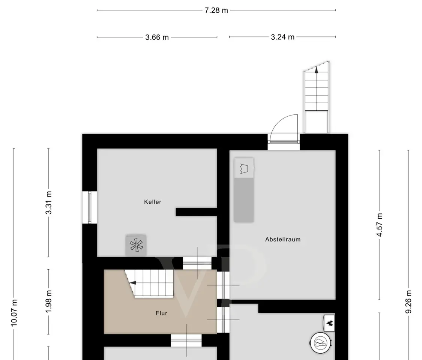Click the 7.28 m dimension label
[216, 10]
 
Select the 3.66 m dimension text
[157, 37]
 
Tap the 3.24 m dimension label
[282, 37]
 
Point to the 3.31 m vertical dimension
[48, 202]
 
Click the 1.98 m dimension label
[48, 301]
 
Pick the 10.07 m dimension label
[14, 313]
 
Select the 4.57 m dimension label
[379, 225]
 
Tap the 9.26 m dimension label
[408, 301]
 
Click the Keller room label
[153, 202]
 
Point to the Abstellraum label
[283, 239]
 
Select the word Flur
[161, 313]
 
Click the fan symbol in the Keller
[136, 245]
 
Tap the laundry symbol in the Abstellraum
[244, 168]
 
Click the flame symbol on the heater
[330, 322]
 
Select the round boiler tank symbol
[321, 343]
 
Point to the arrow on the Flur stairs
[133, 282]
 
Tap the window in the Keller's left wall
[90, 207]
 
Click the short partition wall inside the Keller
[197, 212]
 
